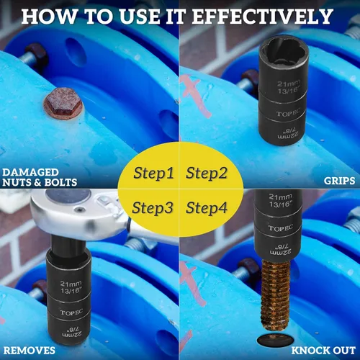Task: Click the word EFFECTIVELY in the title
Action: pos(263,17)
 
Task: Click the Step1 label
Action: pos(153,173)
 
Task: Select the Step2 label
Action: pos(207,173)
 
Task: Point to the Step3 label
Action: pos(153,207)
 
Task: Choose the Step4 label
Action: pos(207,207)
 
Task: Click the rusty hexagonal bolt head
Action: pos(63,103)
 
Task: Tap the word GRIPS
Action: pos(339,181)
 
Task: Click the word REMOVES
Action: pos(30,351)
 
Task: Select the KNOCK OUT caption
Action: pos(323,351)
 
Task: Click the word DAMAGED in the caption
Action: pos(30,172)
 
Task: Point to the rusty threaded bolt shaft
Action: pos(275,296)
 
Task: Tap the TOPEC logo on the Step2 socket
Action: pos(288,113)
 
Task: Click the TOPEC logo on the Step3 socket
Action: pos(71,312)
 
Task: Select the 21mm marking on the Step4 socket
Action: pos(280,197)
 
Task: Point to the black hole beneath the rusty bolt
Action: pos(276,340)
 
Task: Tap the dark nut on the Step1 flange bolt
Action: pos(37,55)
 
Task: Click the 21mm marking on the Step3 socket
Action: pos(71,284)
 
